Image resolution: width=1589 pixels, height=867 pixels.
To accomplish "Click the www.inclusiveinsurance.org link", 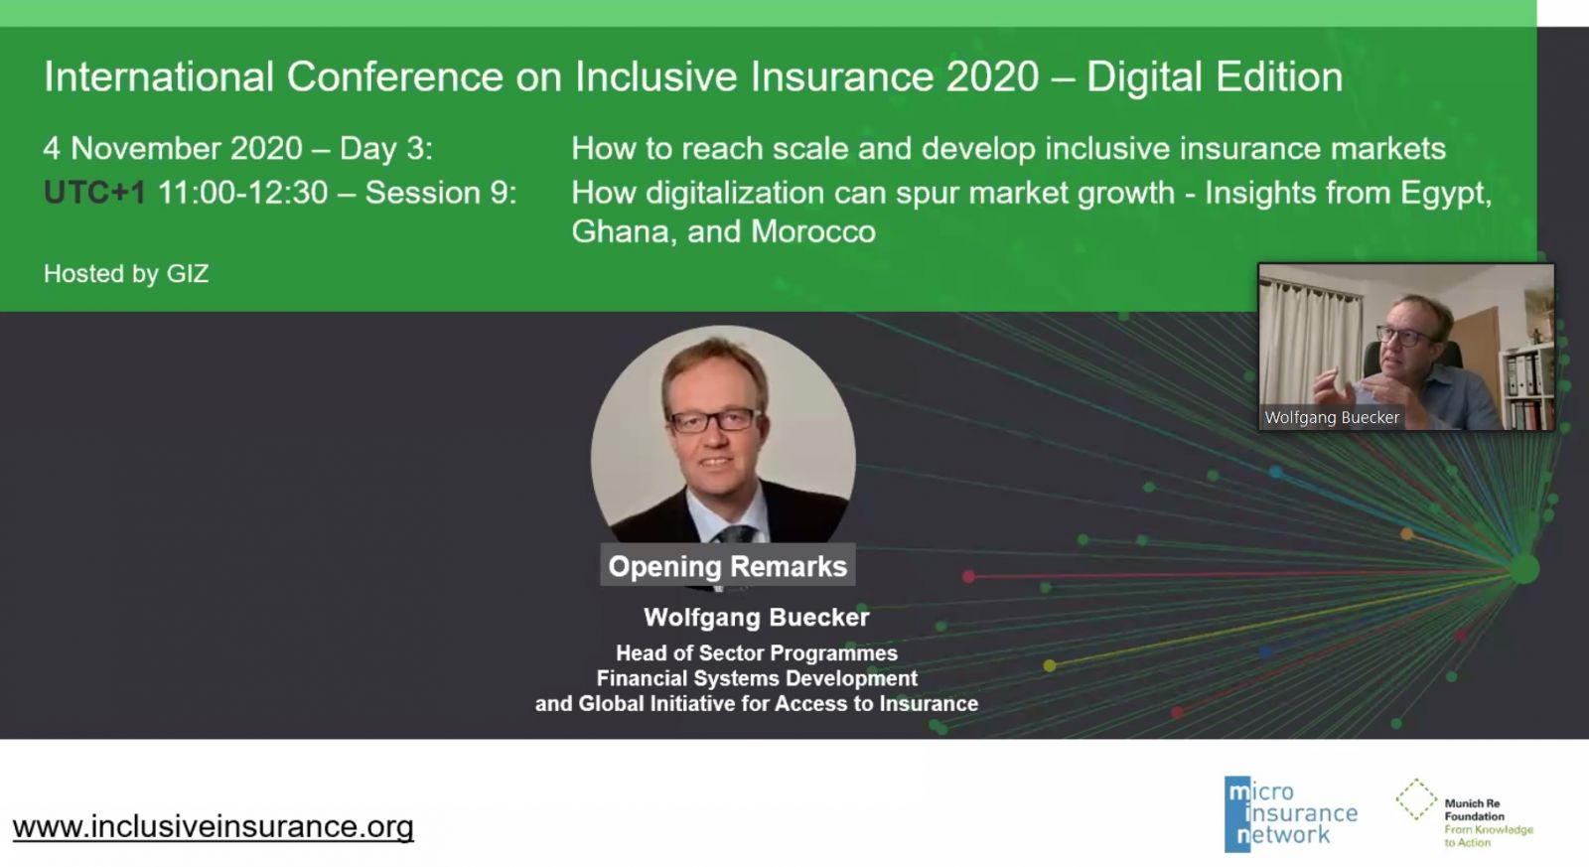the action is click(x=213, y=827).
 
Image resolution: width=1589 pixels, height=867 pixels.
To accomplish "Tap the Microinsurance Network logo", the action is click(x=1290, y=813).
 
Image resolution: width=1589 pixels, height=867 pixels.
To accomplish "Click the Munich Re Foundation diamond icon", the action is click(x=1416, y=798).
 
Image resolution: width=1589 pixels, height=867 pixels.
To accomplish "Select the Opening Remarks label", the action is click(x=728, y=566).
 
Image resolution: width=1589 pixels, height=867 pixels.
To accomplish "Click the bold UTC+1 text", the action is click(x=94, y=193).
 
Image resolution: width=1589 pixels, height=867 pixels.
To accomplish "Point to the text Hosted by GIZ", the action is click(x=126, y=273).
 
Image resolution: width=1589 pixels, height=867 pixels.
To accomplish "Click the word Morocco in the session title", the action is click(x=813, y=232).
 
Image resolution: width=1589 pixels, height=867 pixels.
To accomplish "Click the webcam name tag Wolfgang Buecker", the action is click(x=1332, y=417).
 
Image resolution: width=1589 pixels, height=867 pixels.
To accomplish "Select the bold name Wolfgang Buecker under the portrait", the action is click(x=756, y=618).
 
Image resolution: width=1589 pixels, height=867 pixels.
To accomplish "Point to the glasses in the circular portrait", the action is click(x=712, y=421).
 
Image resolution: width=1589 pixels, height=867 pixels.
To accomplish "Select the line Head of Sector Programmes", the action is click(x=756, y=652).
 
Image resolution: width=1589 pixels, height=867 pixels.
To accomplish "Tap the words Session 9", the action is click(x=441, y=193).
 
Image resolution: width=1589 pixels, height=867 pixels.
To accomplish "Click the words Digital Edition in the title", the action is click(x=1215, y=76).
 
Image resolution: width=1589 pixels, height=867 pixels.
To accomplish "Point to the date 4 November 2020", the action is click(x=173, y=148).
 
